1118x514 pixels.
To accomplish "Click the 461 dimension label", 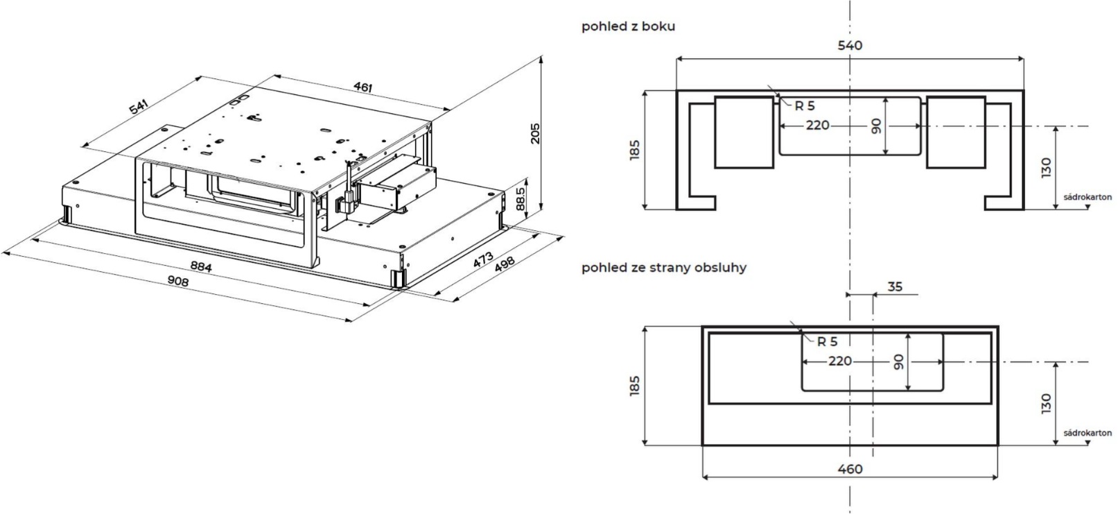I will point(363,87).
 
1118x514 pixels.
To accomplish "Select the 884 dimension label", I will point(200,266).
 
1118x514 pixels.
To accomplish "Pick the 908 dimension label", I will point(177,281).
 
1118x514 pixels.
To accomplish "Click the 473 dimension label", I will point(483,261).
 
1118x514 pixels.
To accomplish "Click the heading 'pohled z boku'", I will point(629,27).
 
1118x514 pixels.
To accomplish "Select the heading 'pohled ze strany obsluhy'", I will point(664,267).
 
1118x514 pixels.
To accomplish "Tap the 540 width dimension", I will point(850,46).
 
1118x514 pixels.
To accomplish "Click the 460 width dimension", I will point(850,470).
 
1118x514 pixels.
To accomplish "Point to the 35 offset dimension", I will point(895,286).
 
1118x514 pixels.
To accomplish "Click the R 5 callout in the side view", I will point(805,106).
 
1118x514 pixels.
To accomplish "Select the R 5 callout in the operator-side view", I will point(827,341).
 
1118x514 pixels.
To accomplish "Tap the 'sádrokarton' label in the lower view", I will point(1088,433).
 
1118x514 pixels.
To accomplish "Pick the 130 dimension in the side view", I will point(1046,168).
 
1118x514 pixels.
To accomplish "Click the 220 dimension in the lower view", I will point(839,361).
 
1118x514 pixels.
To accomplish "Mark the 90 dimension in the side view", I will point(877,126).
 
